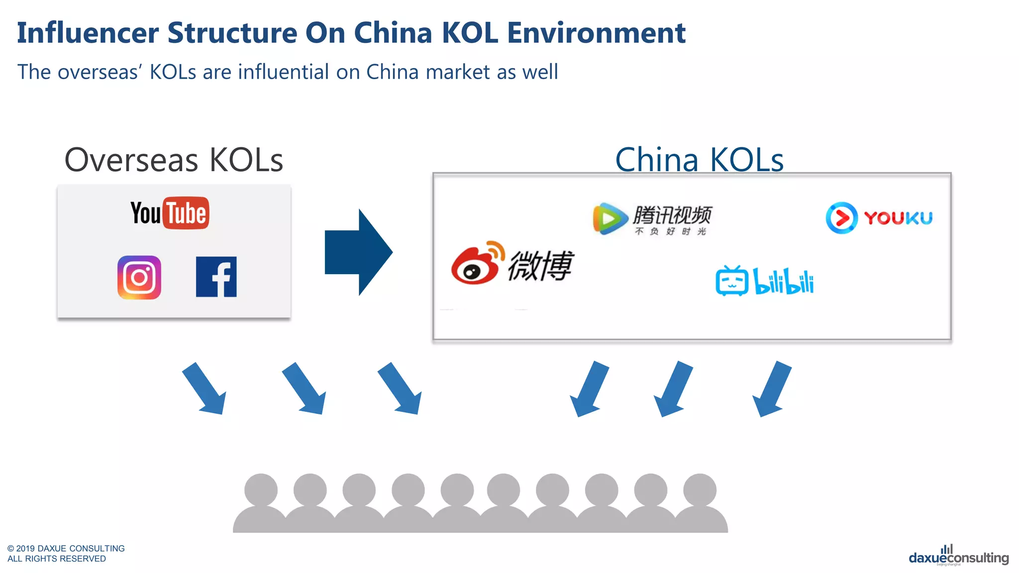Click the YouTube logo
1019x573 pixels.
[x=170, y=213]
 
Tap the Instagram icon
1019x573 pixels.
[x=139, y=278]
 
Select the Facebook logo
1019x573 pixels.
[x=216, y=277]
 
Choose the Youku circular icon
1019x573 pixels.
[x=841, y=218]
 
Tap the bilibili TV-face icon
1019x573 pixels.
[x=731, y=281]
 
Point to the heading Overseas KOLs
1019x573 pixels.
[x=174, y=160]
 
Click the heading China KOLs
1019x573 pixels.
[x=699, y=160]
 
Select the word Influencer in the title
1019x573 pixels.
[x=88, y=33]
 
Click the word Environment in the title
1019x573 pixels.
[x=596, y=33]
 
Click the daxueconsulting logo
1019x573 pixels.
[x=958, y=557]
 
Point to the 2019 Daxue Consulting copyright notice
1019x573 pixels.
[x=66, y=553]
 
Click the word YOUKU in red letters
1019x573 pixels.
[x=898, y=218]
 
